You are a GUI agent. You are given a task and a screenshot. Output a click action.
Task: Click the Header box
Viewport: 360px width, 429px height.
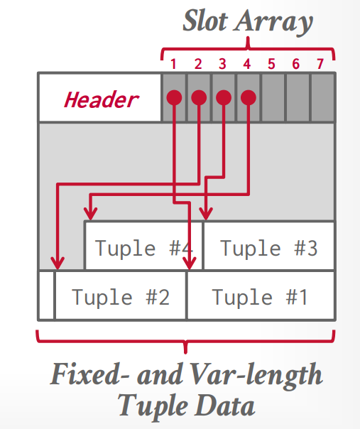pos(100,97)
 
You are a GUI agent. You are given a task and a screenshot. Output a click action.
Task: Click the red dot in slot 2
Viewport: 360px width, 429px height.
pos(199,97)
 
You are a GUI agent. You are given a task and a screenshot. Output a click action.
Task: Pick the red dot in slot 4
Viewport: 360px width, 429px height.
pos(248,97)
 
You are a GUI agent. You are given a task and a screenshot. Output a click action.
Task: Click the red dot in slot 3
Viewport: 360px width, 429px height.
pos(223,97)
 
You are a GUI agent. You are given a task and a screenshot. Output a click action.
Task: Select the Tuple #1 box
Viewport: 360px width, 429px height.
pos(260,296)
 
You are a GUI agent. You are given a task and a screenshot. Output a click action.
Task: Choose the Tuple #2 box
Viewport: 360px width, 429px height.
pos(121,296)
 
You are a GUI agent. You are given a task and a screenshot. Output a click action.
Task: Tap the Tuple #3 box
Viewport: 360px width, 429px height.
pos(268,247)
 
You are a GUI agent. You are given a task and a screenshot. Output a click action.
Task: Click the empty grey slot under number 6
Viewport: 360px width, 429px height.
pos(297,97)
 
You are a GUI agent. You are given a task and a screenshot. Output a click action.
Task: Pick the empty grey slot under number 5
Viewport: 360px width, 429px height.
pos(272,97)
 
